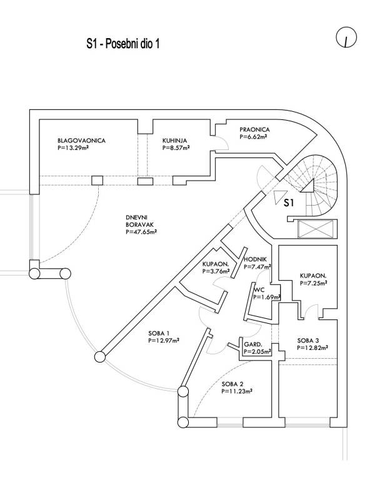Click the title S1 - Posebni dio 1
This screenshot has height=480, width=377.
[x=124, y=44]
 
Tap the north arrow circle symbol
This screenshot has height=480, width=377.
[x=344, y=39]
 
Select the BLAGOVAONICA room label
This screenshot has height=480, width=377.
[x=81, y=141]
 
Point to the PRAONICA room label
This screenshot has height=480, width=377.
[x=253, y=131]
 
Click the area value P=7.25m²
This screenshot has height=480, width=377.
[x=314, y=282]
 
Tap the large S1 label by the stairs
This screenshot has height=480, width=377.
[x=288, y=202]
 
